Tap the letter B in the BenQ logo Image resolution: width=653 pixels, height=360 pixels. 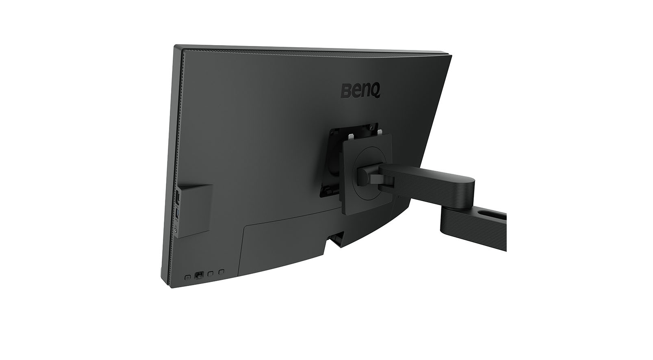click(346, 91)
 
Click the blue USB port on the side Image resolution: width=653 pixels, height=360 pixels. click(178, 213)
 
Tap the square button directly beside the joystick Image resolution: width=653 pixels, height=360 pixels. click(210, 273)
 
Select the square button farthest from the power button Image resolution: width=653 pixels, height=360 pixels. click(221, 271)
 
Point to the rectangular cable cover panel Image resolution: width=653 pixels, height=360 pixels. click(284, 244)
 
